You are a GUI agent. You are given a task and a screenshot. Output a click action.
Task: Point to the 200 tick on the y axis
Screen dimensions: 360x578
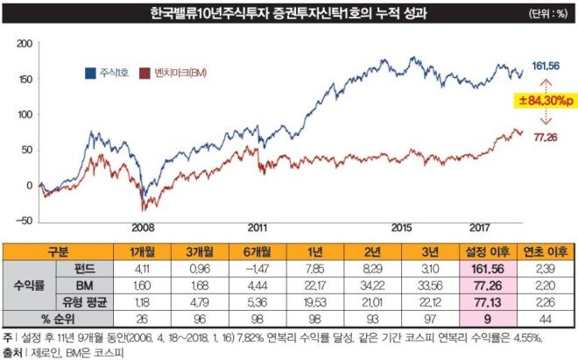(24, 43)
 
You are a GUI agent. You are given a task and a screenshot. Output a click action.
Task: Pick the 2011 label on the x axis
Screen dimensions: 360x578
(256, 227)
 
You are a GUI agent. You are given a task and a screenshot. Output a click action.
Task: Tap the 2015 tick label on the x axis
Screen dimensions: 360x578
(400, 227)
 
